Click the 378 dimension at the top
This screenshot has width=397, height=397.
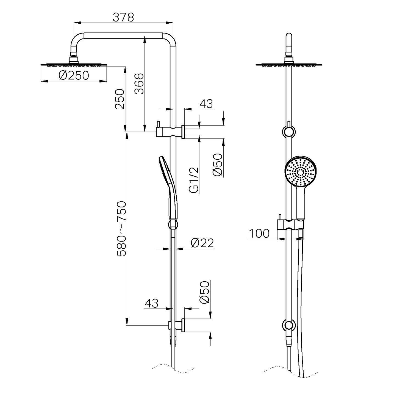pyautogui.click(x=123, y=17)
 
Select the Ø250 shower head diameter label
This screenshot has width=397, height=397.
pyautogui.click(x=74, y=75)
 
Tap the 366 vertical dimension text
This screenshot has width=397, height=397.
pyautogui.click(x=140, y=84)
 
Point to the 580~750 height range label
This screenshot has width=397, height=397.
pyautogui.click(x=121, y=229)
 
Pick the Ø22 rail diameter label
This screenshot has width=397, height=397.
pyautogui.click(x=202, y=243)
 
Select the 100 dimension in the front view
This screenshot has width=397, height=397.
pyautogui.click(x=259, y=234)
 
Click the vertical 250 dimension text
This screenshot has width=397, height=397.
pyautogui.click(x=120, y=99)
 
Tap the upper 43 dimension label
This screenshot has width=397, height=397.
pyautogui.click(x=206, y=104)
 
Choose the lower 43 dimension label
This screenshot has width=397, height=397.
pyautogui.click(x=152, y=303)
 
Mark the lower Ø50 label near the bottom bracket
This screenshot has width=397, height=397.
pyautogui.click(x=205, y=292)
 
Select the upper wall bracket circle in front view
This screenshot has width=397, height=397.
pyautogui.click(x=289, y=132)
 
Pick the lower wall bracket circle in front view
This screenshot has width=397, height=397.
pyautogui.click(x=289, y=325)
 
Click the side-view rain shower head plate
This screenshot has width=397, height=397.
pyautogui.click(x=74, y=65)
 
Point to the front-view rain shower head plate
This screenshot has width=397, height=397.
pyautogui.click(x=289, y=65)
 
